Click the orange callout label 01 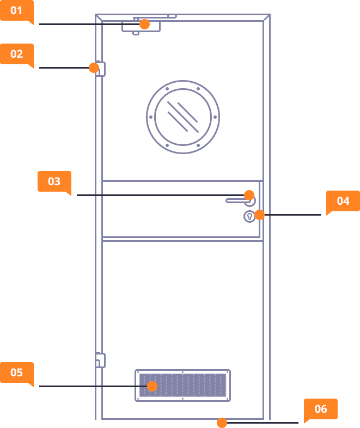pyautogui.click(x=16, y=10)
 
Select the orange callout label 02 pyautogui.click(x=16, y=54)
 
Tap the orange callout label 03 pyautogui.click(x=54, y=181)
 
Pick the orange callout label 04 pyautogui.click(x=343, y=201)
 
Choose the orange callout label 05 pyautogui.click(x=16, y=372)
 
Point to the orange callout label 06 pyautogui.click(x=320, y=409)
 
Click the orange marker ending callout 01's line pyautogui.click(x=144, y=25)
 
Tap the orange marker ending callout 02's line pyautogui.click(x=94, y=68)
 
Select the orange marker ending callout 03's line pyautogui.click(x=249, y=195)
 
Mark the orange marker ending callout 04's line pyautogui.click(x=260, y=215)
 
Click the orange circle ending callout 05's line pyautogui.click(x=152, y=386)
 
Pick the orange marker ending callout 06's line pyautogui.click(x=222, y=423)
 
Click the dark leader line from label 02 pyautogui.click(x=63, y=68)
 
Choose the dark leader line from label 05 pyautogui.click(x=82, y=386)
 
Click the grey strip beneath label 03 pyautogui.click(x=50, y=194)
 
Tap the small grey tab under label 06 pyautogui.click(x=317, y=421)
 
